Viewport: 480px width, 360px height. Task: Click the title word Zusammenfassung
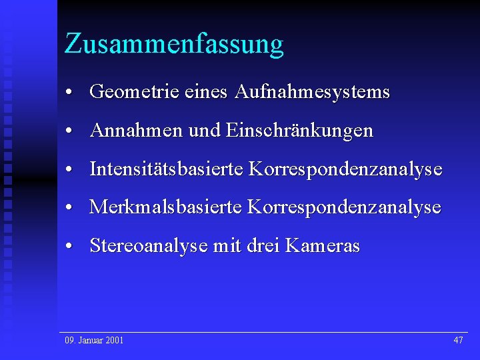(x=174, y=45)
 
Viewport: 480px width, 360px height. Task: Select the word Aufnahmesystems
(x=312, y=92)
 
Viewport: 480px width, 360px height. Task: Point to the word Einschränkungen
(x=300, y=131)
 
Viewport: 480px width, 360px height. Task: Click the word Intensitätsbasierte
(x=166, y=169)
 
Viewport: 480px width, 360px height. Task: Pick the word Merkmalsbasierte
(x=165, y=207)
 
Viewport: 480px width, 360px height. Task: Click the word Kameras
(x=322, y=246)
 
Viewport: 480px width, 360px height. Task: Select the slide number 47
(x=458, y=341)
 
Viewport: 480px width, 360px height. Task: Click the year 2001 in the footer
(x=115, y=341)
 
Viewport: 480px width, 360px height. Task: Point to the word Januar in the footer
(x=90, y=341)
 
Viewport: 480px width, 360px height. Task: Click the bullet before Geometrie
(x=69, y=92)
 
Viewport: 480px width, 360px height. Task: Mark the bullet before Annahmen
(x=69, y=131)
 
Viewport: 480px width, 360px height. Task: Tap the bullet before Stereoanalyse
(x=69, y=246)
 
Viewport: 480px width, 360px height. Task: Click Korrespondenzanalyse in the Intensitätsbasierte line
(x=345, y=169)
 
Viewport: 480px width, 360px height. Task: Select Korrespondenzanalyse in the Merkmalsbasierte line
(x=344, y=207)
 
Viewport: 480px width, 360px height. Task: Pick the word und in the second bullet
(x=204, y=131)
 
